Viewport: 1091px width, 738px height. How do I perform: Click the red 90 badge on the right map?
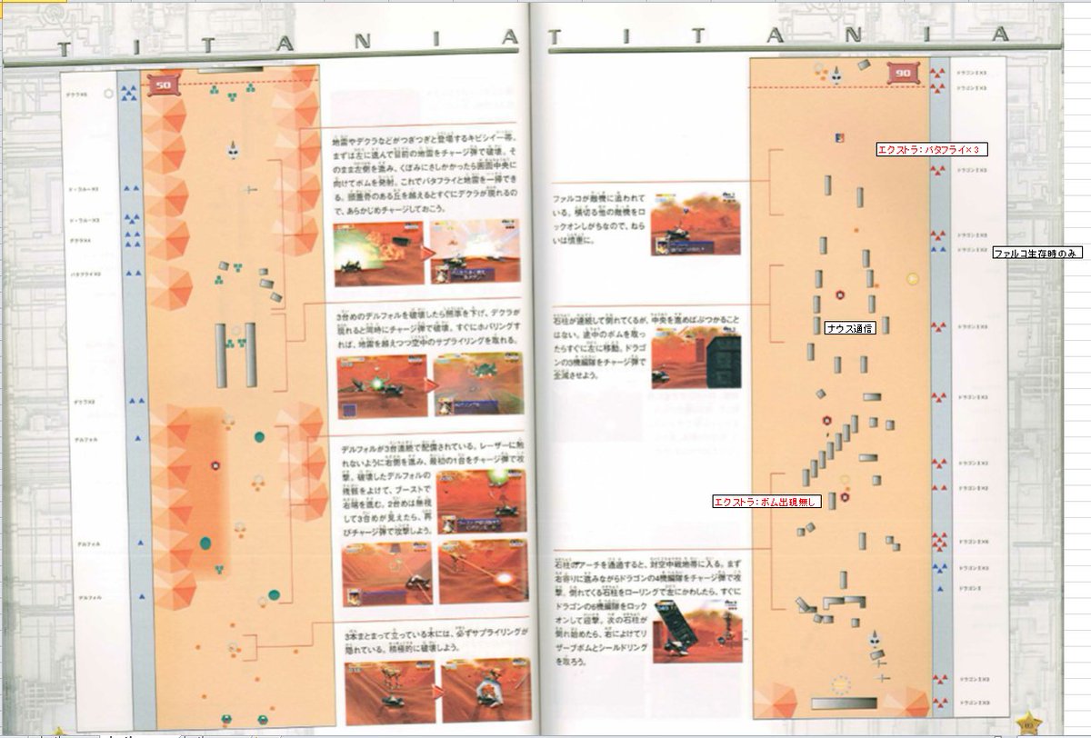(x=902, y=74)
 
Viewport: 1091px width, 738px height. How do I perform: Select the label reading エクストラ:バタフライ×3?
(x=932, y=149)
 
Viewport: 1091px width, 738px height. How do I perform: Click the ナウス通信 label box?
(x=850, y=328)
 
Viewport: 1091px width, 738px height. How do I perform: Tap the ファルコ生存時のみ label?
(x=1036, y=253)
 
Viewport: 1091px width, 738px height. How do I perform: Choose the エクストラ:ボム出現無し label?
(x=767, y=501)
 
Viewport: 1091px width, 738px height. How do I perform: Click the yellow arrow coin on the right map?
(x=913, y=279)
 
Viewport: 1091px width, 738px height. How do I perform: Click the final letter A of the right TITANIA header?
(x=1001, y=35)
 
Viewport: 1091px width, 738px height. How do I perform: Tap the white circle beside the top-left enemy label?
(x=109, y=93)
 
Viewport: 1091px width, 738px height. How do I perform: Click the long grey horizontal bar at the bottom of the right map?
(x=844, y=703)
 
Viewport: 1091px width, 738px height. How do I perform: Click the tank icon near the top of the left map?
(x=234, y=149)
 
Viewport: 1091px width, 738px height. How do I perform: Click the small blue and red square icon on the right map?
(x=839, y=137)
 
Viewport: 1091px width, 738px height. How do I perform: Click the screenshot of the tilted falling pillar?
(x=680, y=635)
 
